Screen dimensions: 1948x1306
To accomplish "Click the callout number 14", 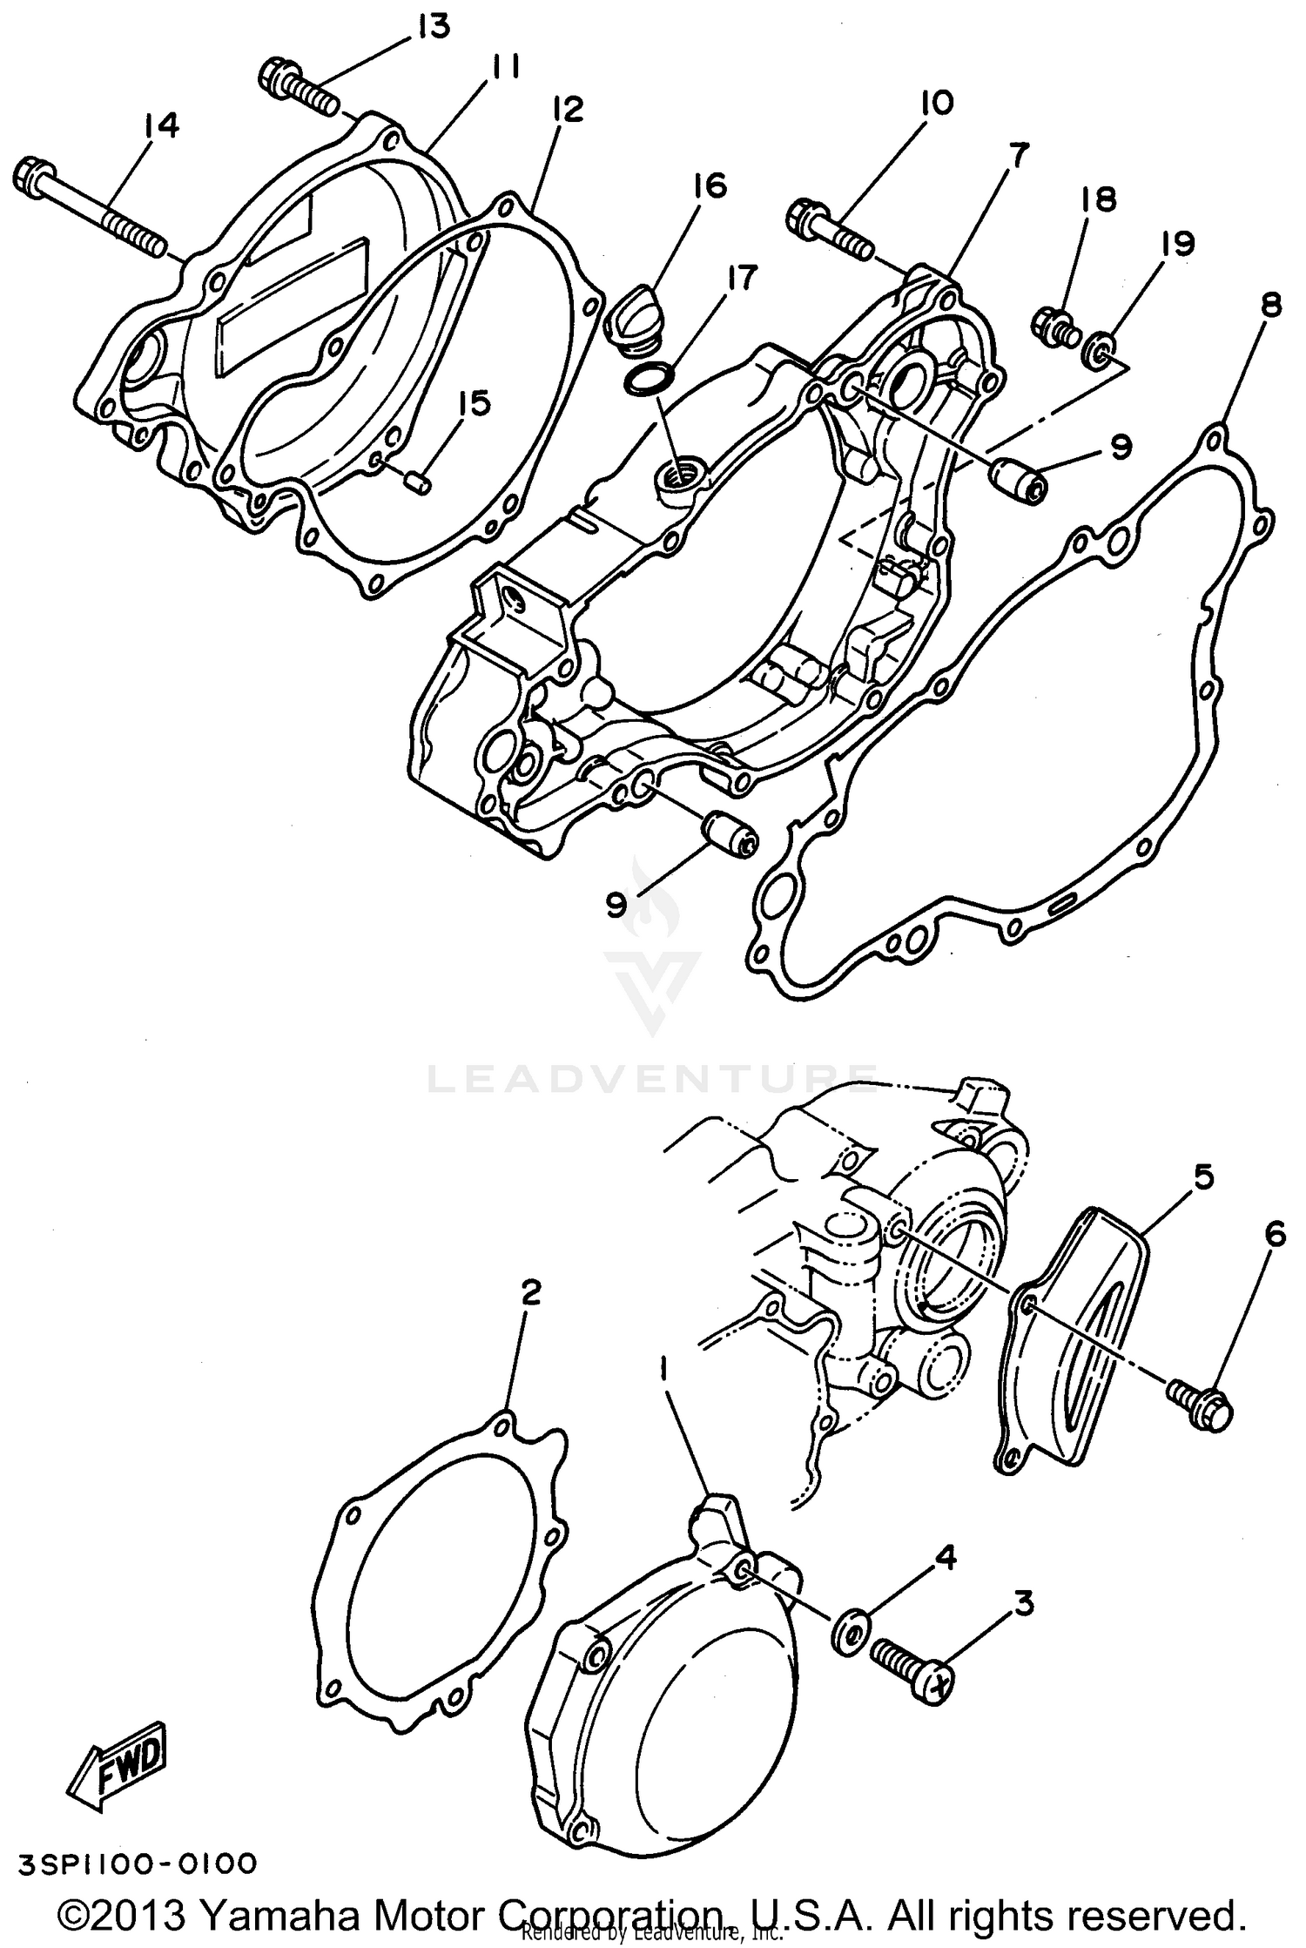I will pos(162,126).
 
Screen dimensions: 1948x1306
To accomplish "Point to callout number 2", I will pos(531,1291).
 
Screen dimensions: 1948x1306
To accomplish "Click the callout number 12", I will pos(567,111).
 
